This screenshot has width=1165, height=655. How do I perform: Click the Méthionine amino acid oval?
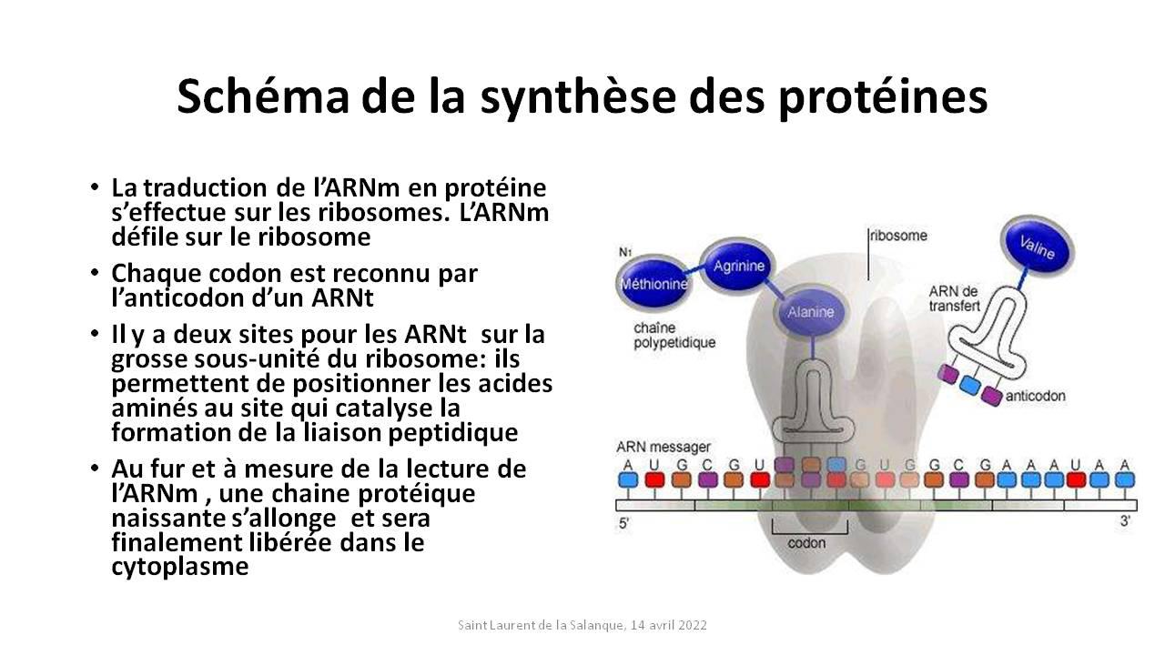point(653,283)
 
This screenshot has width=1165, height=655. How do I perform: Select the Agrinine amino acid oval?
point(738,267)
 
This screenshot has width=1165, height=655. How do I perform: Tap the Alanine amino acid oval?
point(810,312)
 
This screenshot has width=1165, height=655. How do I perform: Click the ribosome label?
point(898,236)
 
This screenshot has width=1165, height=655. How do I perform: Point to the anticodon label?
point(1036,396)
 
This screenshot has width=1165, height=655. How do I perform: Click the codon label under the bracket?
point(806,543)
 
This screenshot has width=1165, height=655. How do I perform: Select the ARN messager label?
point(664,447)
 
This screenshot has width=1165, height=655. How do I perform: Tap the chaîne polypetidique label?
point(674,336)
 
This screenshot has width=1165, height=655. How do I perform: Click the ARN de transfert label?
point(955,299)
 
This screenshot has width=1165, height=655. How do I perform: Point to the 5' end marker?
point(624,523)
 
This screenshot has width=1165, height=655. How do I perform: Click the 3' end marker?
point(1125,520)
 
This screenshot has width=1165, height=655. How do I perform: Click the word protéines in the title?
point(883,97)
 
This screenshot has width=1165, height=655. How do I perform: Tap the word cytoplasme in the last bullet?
point(180,567)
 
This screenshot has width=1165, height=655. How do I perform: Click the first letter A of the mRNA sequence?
point(628,465)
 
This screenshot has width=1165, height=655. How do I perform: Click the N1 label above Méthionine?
point(624,252)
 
